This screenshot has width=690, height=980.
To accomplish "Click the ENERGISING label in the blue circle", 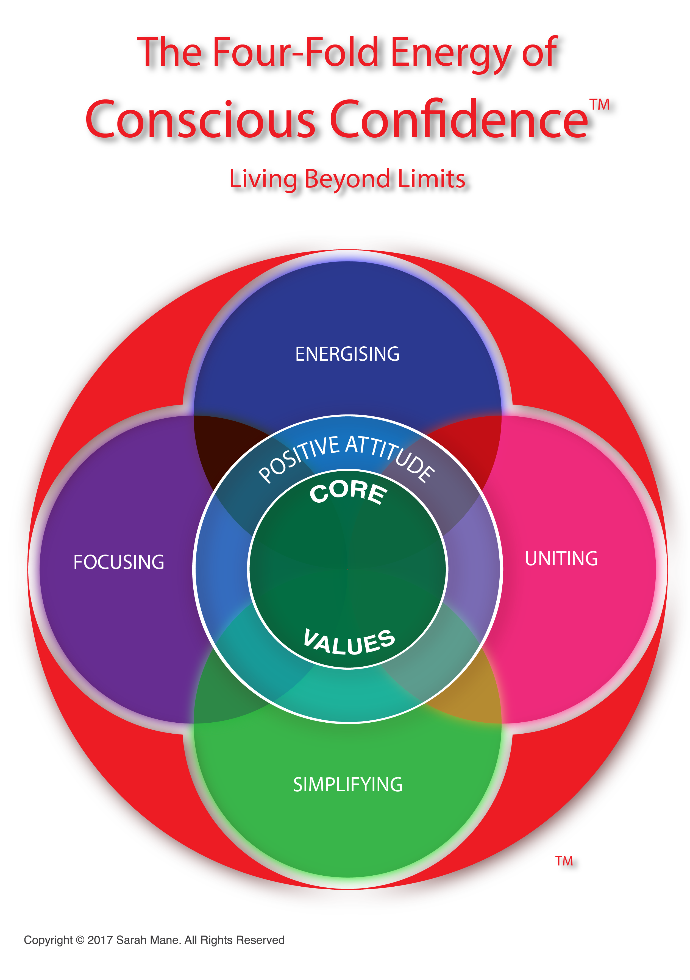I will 347,354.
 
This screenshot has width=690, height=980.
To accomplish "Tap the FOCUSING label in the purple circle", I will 119,562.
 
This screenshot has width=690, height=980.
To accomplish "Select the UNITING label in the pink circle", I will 561,559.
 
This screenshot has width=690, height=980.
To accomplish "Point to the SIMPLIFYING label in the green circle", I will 347,784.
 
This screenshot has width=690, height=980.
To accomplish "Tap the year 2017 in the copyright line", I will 100,940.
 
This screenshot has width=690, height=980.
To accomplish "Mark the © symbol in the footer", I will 80,940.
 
